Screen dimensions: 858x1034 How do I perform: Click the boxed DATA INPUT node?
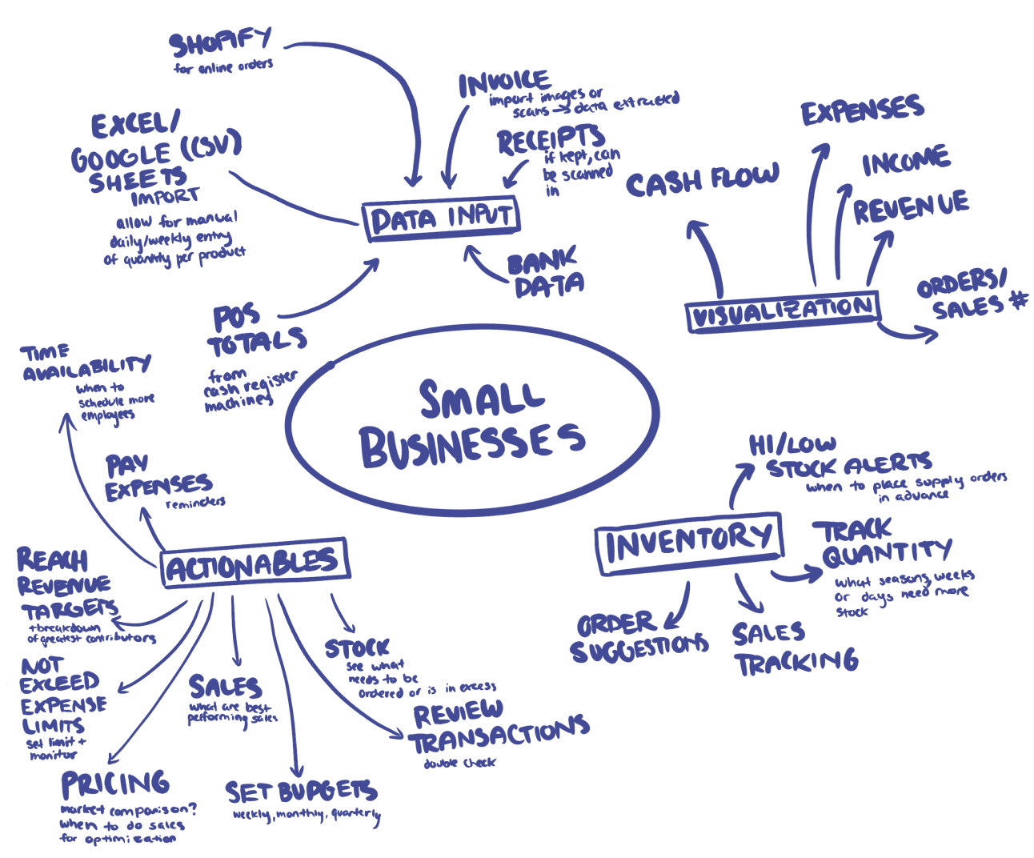[x=441, y=218]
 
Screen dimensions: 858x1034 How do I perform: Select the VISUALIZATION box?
[x=782, y=311]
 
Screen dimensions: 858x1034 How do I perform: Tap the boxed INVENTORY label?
[x=688, y=543]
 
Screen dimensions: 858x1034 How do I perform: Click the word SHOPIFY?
[x=221, y=42]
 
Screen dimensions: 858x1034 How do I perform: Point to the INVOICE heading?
[x=503, y=82]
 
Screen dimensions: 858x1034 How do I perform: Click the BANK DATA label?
[x=545, y=274]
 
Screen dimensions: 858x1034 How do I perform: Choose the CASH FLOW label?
[x=702, y=180]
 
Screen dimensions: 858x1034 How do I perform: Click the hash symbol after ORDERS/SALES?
[x=1018, y=300]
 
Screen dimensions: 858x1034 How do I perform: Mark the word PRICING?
[x=115, y=784]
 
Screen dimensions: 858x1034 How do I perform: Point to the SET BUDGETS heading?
[x=300, y=792]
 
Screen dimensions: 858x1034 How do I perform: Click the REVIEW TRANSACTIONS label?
[x=497, y=727]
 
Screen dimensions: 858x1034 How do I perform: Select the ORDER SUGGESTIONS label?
[x=637, y=637]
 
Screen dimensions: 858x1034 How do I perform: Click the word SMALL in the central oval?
[x=481, y=398]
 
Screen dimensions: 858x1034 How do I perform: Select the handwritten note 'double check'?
[x=459, y=763]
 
